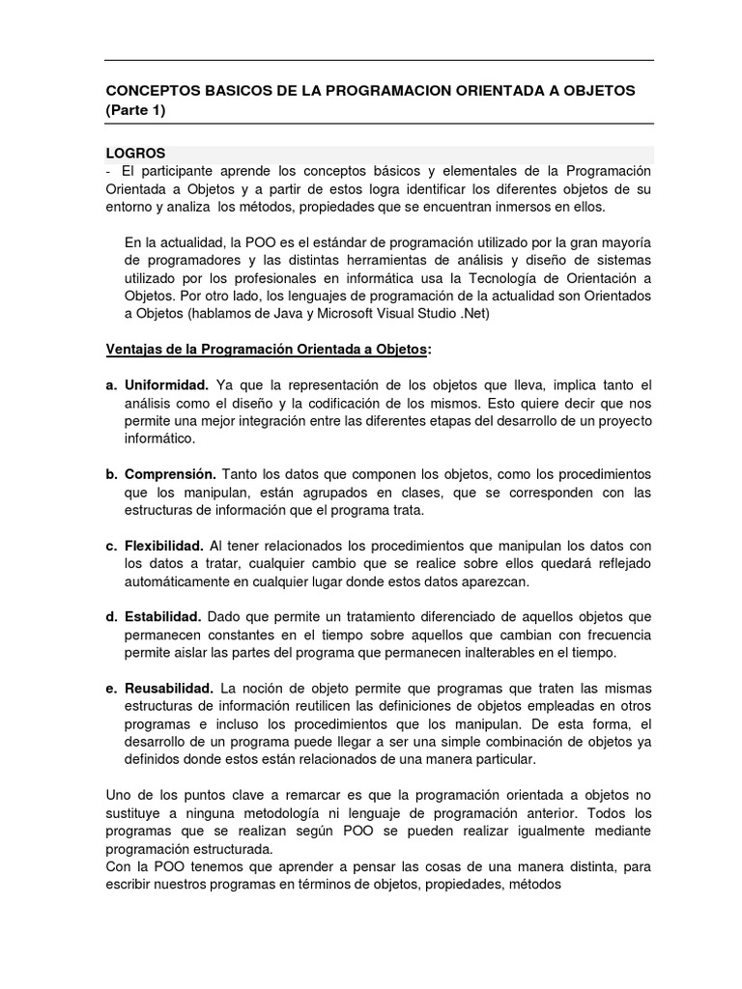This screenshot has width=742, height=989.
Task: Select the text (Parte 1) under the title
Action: (x=135, y=109)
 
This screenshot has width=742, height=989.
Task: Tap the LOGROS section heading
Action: (x=135, y=153)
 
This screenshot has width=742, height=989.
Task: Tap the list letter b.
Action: (x=111, y=474)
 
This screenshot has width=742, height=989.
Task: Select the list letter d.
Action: (x=111, y=617)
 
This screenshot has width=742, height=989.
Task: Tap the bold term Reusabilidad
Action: (x=169, y=689)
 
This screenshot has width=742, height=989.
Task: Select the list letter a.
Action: (x=111, y=384)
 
